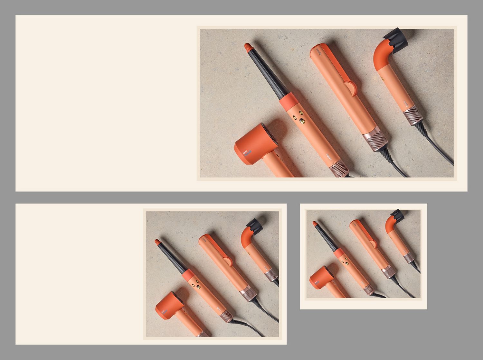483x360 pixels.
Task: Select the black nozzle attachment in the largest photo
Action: pos(396,37)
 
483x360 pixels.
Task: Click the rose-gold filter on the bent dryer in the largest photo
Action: pos(413,116)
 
